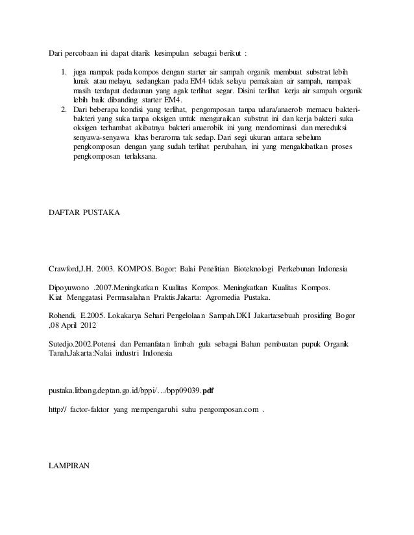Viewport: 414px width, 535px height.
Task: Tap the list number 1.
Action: tap(64, 72)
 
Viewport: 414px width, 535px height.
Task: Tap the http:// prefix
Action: tap(60, 410)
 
